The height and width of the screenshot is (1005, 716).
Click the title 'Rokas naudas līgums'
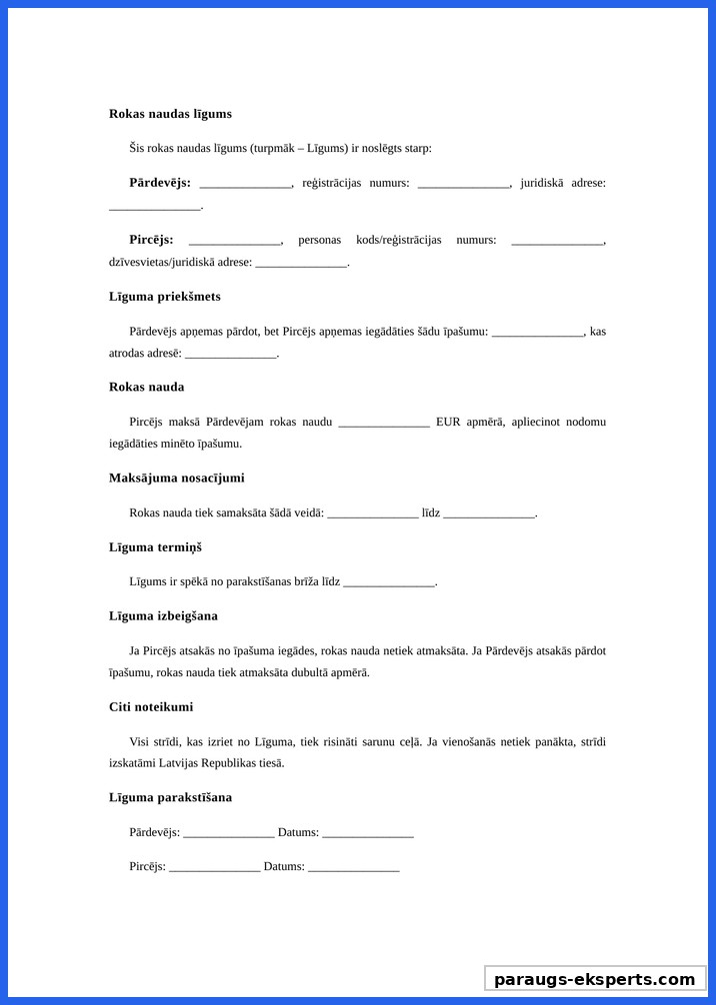170,114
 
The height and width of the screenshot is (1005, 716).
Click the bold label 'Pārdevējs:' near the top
160,182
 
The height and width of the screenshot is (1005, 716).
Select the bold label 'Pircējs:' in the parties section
151,240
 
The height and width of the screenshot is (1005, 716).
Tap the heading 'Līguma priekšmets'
165,297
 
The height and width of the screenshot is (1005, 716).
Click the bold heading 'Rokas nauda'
146,387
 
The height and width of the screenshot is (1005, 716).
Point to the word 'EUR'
448,422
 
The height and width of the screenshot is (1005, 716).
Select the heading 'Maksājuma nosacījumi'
176,478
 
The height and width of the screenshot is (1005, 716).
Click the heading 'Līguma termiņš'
155,547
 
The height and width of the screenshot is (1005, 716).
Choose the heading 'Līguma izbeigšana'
163,616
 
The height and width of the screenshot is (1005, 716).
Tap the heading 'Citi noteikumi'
151,706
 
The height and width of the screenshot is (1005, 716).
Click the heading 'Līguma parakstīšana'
170,797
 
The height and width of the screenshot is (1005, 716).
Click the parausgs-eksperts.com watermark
595,979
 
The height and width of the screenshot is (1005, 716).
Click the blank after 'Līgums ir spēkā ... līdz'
389,583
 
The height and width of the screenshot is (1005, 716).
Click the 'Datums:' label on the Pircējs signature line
284,866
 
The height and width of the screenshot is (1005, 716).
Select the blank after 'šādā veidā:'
372,514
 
